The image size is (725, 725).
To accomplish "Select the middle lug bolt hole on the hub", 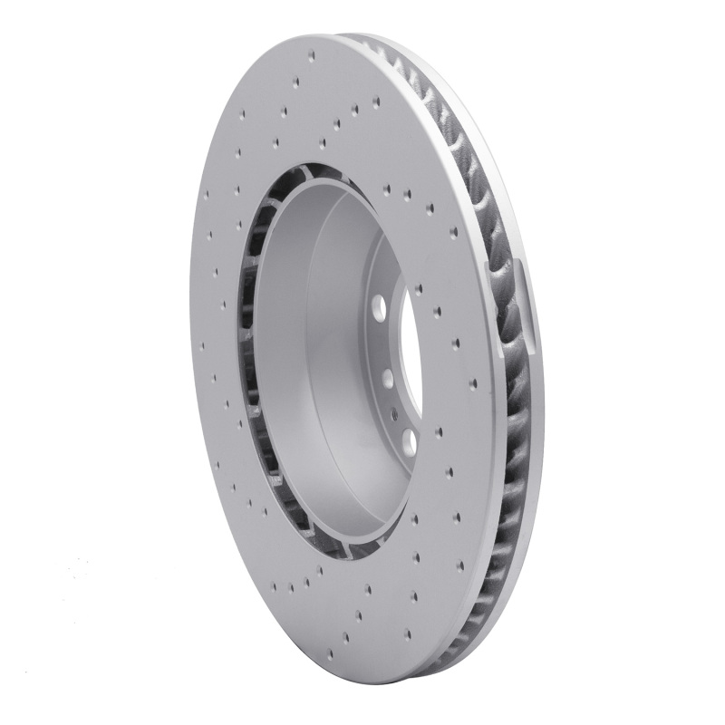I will [386, 375].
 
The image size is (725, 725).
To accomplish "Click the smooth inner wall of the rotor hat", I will [317, 362].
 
